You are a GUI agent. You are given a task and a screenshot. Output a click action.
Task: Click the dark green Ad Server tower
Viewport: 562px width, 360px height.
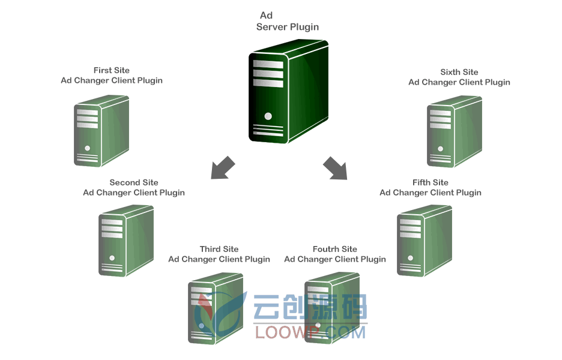(x=289, y=92)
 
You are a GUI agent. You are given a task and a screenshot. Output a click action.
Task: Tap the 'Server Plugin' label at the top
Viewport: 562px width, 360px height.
(x=288, y=27)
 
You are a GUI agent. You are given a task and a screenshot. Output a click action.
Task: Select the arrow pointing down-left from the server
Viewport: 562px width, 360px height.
(x=223, y=167)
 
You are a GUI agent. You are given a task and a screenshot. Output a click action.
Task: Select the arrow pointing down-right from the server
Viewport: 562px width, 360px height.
(x=335, y=167)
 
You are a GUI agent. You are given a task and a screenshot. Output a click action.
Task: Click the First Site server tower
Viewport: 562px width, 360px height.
(x=101, y=131)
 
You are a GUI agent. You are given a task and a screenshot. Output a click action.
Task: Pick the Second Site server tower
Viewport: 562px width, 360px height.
(x=126, y=241)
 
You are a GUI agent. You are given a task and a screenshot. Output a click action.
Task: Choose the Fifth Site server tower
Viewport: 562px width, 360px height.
(x=425, y=241)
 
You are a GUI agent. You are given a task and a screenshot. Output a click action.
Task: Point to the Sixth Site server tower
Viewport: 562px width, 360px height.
(x=455, y=131)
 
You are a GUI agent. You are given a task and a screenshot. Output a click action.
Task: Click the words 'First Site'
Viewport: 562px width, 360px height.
(x=112, y=70)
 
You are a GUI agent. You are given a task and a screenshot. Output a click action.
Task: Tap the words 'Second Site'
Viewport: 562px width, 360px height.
(x=134, y=182)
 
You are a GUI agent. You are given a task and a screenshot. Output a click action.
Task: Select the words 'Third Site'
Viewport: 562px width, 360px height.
(x=219, y=249)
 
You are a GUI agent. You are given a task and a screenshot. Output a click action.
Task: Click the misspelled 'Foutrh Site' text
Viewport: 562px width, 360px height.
(x=335, y=249)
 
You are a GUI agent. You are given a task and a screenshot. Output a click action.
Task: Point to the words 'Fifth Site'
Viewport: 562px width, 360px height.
(x=430, y=182)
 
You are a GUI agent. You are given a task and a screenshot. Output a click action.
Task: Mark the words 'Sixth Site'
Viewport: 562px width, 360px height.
(x=459, y=72)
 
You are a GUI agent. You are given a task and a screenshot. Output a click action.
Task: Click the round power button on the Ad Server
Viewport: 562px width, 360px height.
(x=268, y=116)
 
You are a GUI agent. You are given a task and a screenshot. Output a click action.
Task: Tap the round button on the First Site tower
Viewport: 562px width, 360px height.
(x=88, y=148)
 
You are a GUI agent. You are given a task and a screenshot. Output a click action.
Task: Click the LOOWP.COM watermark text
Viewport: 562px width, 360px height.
(x=310, y=332)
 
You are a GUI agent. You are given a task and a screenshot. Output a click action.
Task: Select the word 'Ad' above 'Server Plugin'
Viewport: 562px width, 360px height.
(x=267, y=16)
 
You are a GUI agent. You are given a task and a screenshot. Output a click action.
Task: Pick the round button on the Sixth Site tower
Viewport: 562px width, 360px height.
(x=441, y=149)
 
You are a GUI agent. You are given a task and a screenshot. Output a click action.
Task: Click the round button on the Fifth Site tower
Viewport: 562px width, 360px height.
(x=410, y=258)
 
